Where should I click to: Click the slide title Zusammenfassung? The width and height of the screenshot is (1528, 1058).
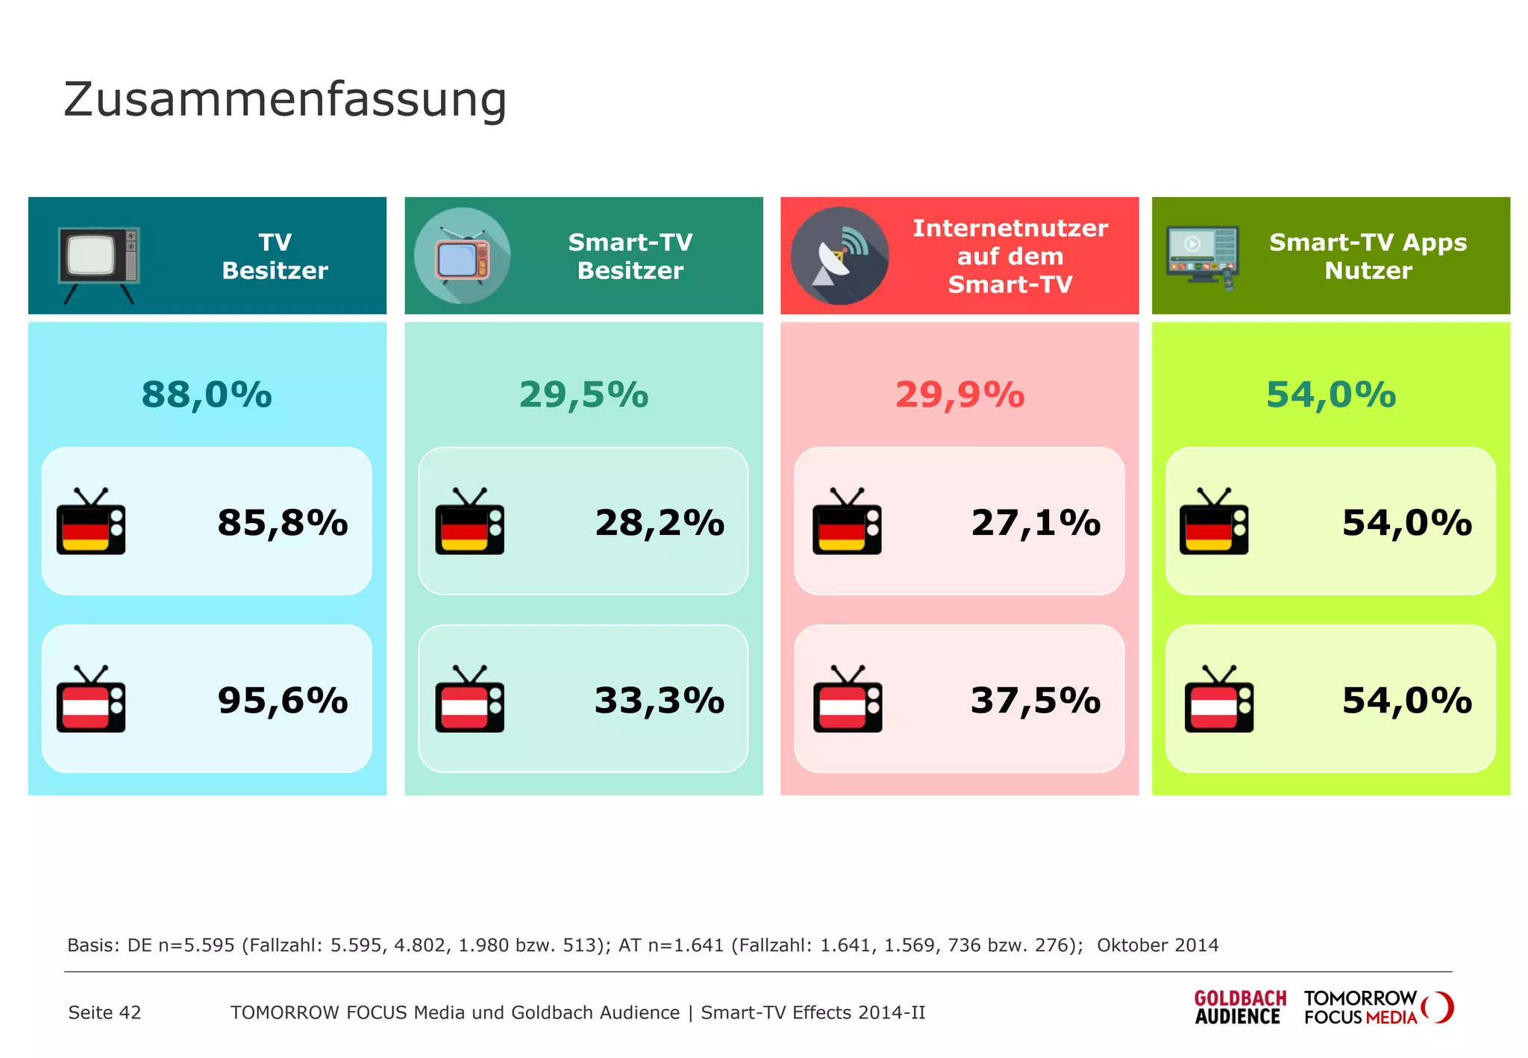[285, 99]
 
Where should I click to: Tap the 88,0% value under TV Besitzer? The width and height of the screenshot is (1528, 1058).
[207, 395]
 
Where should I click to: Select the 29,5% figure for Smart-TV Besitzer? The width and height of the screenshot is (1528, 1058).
[583, 395]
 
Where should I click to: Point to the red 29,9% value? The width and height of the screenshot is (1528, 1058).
[959, 395]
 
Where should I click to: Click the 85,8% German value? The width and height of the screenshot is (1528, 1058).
[282, 522]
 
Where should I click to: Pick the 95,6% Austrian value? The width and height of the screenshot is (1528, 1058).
[282, 700]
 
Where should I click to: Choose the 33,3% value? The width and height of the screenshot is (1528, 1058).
[659, 700]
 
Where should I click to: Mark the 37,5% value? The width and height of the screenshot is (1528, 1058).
[1035, 700]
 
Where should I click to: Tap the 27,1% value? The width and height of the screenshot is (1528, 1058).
[1035, 522]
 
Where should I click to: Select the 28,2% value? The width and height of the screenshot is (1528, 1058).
[659, 522]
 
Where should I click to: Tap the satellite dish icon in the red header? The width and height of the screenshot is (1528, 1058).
[839, 256]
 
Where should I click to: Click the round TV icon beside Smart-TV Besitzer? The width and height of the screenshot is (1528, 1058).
[463, 256]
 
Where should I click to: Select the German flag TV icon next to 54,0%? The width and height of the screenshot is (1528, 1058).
[1213, 522]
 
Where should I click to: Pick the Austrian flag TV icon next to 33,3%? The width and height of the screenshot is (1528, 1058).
[469, 700]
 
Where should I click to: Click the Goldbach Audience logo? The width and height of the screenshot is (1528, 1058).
[1239, 1007]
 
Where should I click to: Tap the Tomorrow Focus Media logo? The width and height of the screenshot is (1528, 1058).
[1377, 1007]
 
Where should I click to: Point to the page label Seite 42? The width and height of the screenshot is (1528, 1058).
[104, 1012]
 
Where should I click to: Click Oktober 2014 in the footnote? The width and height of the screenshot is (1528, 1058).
[1157, 945]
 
